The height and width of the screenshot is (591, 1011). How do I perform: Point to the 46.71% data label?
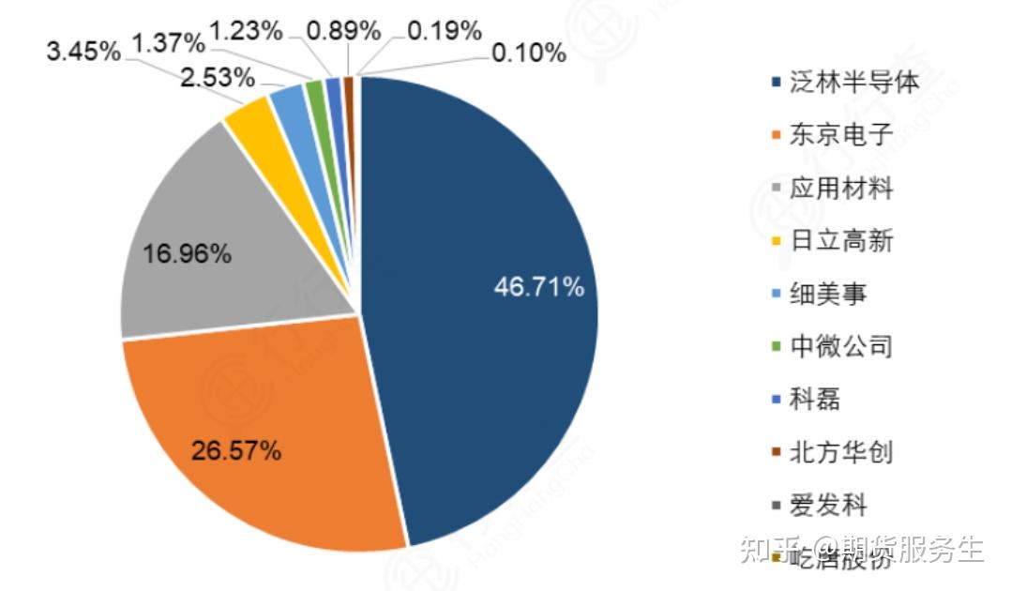[x=539, y=287]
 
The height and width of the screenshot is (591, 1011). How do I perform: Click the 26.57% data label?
[x=236, y=451]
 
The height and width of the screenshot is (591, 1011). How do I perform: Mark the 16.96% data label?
[x=187, y=253]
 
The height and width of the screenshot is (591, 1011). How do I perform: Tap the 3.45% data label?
[x=83, y=51]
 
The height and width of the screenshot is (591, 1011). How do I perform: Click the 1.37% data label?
[x=168, y=41]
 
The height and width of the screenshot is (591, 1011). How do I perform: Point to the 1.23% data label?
[x=246, y=30]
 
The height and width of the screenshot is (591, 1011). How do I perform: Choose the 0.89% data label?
[x=343, y=30]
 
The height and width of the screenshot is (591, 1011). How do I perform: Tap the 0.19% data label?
[x=445, y=30]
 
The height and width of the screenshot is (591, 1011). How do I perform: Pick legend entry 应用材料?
[x=840, y=189]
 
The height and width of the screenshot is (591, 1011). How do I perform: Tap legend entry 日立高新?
[x=840, y=241]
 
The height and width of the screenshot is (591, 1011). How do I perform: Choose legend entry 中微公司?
[x=840, y=347]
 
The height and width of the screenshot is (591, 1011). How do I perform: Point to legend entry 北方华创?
[x=840, y=453]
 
